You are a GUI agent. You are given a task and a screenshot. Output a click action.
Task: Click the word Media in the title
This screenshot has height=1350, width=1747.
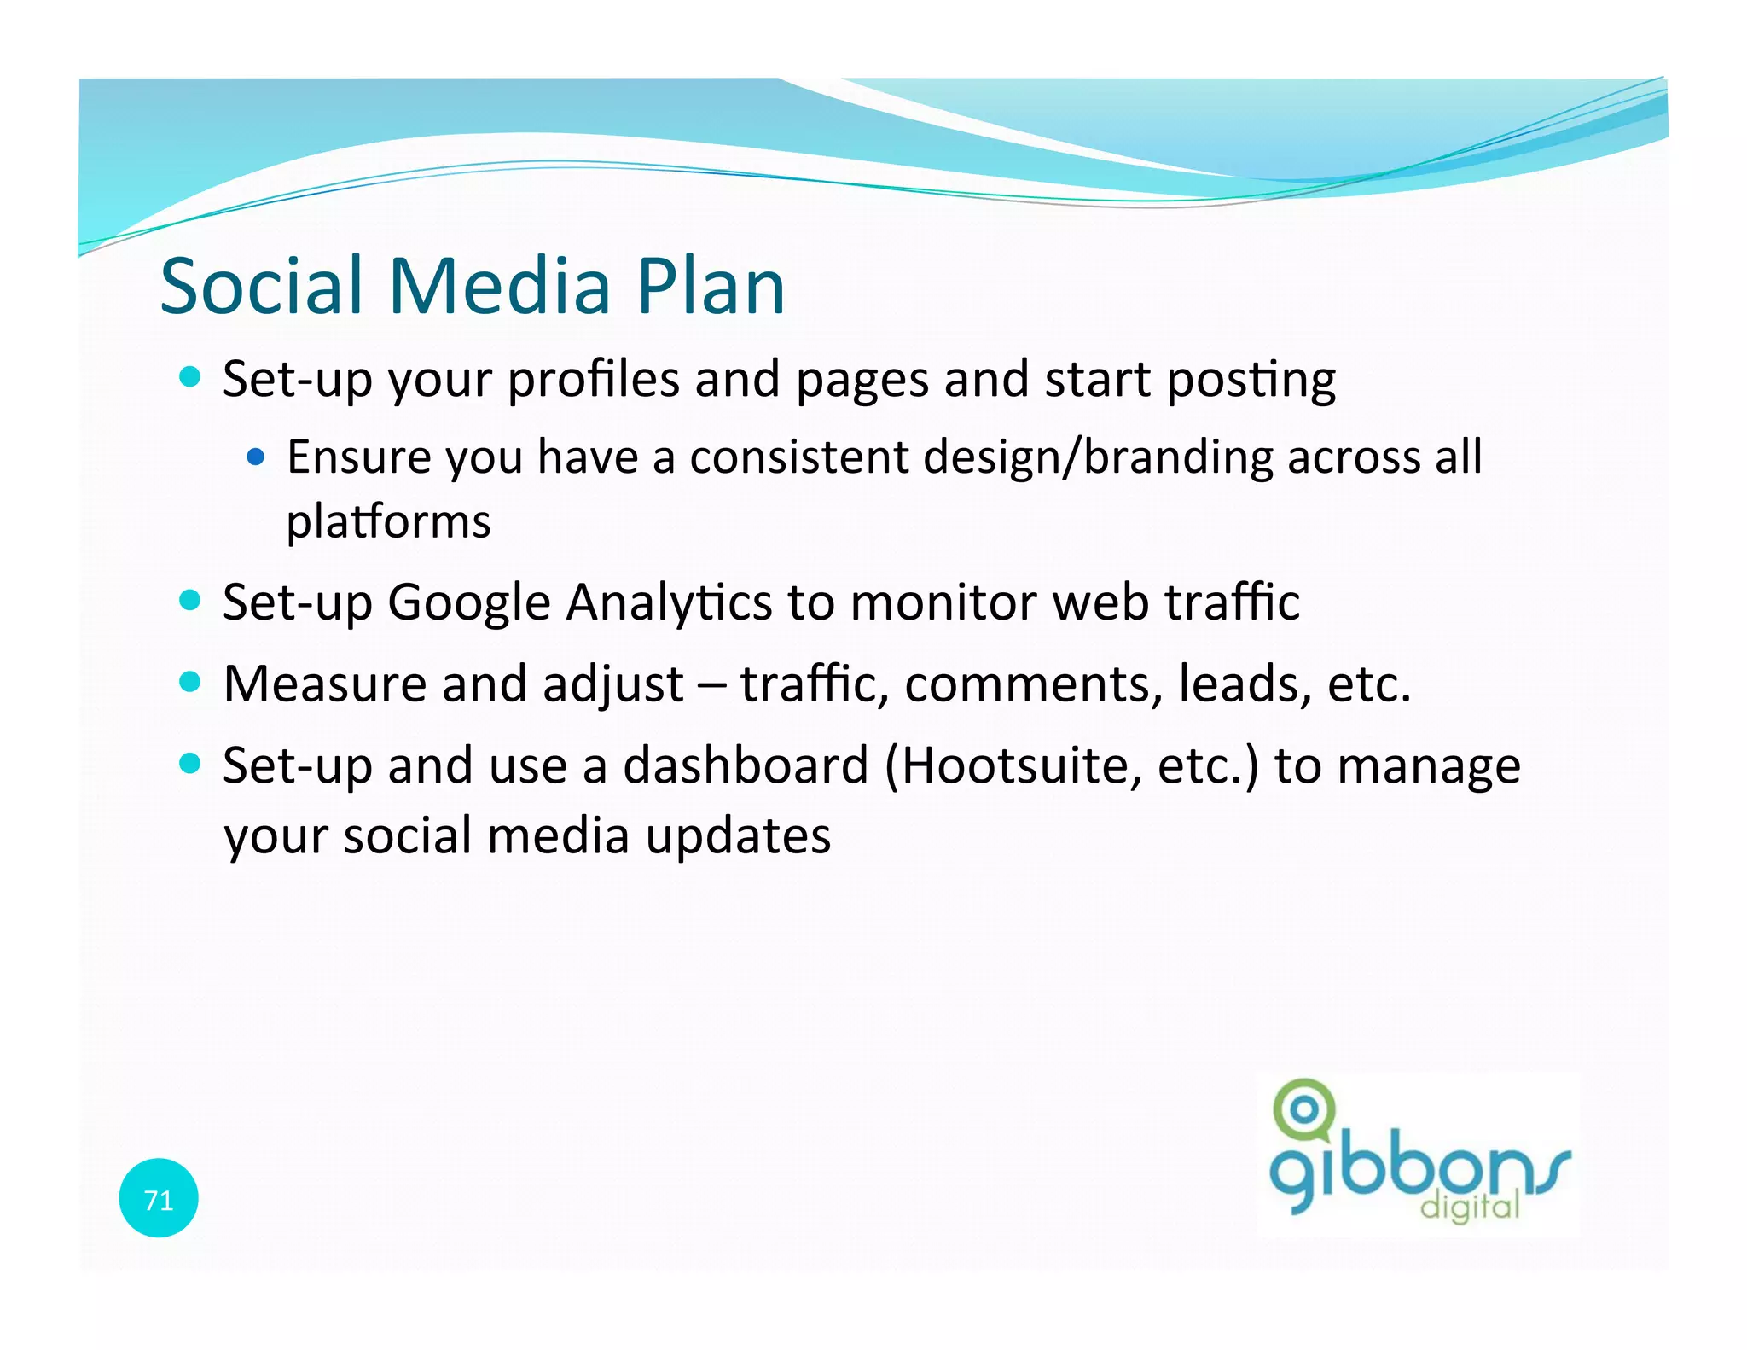tap(499, 286)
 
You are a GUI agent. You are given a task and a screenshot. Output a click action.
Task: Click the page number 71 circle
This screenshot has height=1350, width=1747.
tap(159, 1198)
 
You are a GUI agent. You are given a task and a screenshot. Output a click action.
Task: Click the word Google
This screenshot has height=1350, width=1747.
tap(468, 603)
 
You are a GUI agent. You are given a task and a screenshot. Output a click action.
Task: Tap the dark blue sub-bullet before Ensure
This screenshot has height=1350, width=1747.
tap(255, 457)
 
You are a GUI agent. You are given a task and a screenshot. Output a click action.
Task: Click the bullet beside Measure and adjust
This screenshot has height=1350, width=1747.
tap(190, 682)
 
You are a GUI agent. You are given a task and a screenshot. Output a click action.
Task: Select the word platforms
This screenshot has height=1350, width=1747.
tap(388, 521)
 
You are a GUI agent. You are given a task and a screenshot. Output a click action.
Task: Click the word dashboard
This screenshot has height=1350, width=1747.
tap(745, 765)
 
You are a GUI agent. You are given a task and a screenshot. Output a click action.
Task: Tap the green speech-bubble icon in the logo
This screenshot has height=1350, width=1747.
tap(1303, 1112)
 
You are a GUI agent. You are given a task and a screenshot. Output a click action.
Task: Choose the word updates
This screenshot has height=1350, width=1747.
tap(738, 836)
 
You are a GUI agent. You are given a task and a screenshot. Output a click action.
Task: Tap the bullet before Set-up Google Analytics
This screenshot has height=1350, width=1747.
tap(190, 600)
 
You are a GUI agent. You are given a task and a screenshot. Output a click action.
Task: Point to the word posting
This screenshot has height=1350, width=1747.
tap(1251, 380)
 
